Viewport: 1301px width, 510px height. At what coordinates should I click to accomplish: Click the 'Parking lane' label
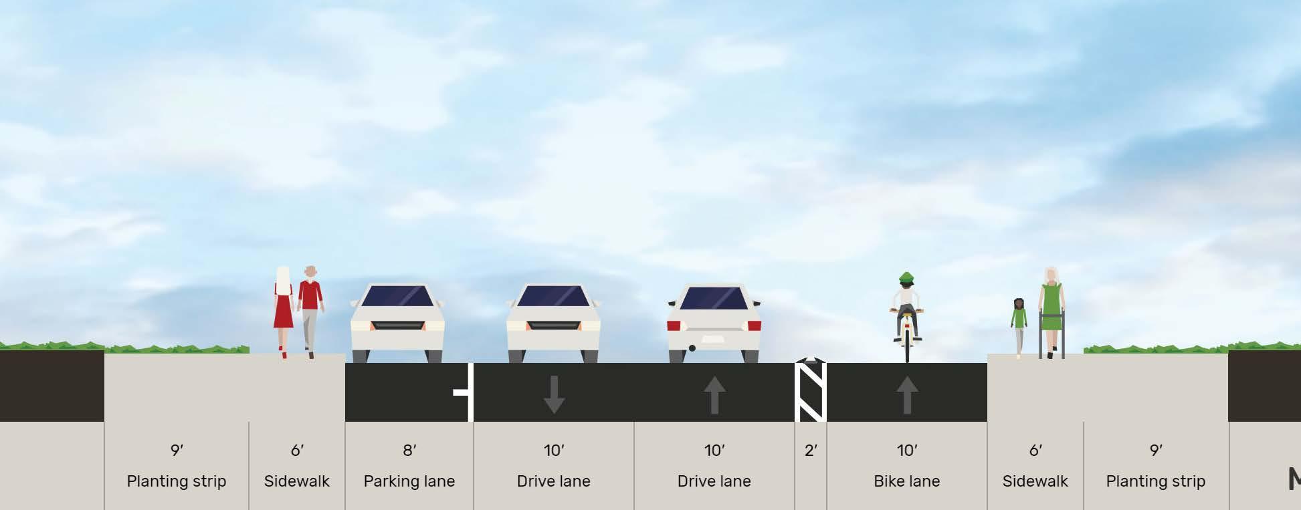(409, 481)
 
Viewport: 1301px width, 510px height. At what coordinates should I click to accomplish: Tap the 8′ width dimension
(409, 451)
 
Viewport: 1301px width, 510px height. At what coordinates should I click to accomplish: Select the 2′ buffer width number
(811, 451)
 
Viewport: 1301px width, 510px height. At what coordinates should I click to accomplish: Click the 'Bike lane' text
(906, 481)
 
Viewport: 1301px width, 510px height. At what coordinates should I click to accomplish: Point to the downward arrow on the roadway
(554, 394)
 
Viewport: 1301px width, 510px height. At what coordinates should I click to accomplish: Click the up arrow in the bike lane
(906, 394)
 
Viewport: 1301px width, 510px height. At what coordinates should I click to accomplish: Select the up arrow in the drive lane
(714, 394)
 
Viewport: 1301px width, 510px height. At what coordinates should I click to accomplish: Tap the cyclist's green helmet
(906, 277)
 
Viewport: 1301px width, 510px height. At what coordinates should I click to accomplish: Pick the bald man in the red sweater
(310, 307)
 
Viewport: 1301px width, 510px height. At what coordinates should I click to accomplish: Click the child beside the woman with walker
(1019, 324)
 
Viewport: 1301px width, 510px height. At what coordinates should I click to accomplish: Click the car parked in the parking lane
(397, 324)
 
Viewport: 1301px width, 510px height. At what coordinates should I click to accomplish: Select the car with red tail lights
(714, 324)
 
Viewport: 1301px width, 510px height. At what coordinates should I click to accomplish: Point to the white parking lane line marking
(470, 392)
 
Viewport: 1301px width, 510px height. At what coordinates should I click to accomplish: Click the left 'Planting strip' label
(177, 481)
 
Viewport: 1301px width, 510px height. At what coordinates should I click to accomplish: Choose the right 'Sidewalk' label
(1035, 481)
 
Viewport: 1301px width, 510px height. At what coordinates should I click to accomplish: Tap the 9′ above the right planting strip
(1155, 451)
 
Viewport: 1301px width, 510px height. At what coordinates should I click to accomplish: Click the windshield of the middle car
(553, 296)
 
